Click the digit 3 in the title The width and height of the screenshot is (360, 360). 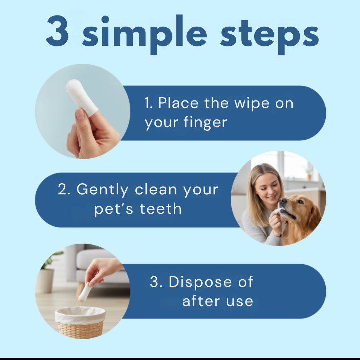[57, 31]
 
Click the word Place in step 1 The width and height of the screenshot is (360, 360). [179, 103]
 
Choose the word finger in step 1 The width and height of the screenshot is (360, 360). [206, 122]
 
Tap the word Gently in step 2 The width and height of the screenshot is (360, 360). [102, 190]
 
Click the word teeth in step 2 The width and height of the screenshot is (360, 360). [161, 209]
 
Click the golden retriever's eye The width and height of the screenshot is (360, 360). [300, 202]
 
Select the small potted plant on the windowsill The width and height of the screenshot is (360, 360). [309, 174]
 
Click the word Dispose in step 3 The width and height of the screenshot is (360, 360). [200, 282]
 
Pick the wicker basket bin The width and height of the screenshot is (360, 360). [80, 322]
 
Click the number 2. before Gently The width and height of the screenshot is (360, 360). [64, 189]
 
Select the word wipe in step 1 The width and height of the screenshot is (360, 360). [252, 104]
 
